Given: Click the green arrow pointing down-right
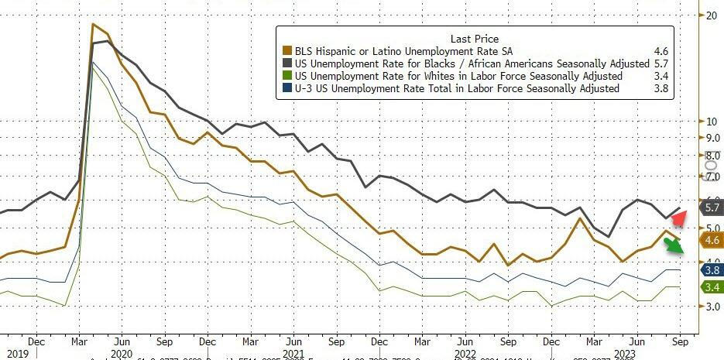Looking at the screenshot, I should click(x=675, y=245).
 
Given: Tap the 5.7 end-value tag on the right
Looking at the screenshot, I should click(x=710, y=207).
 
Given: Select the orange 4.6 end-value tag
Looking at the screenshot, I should click(x=710, y=240).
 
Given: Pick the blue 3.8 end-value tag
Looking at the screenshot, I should click(x=710, y=270).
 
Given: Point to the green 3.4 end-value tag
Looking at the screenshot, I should click(x=710, y=287).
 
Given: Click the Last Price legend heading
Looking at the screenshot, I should click(x=474, y=39).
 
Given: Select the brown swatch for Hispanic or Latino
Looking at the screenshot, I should click(x=288, y=51).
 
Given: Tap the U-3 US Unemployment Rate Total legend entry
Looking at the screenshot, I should click(x=457, y=88).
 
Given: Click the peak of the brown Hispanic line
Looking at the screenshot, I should click(x=93, y=25).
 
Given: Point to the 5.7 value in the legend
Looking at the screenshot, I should click(x=661, y=63).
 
